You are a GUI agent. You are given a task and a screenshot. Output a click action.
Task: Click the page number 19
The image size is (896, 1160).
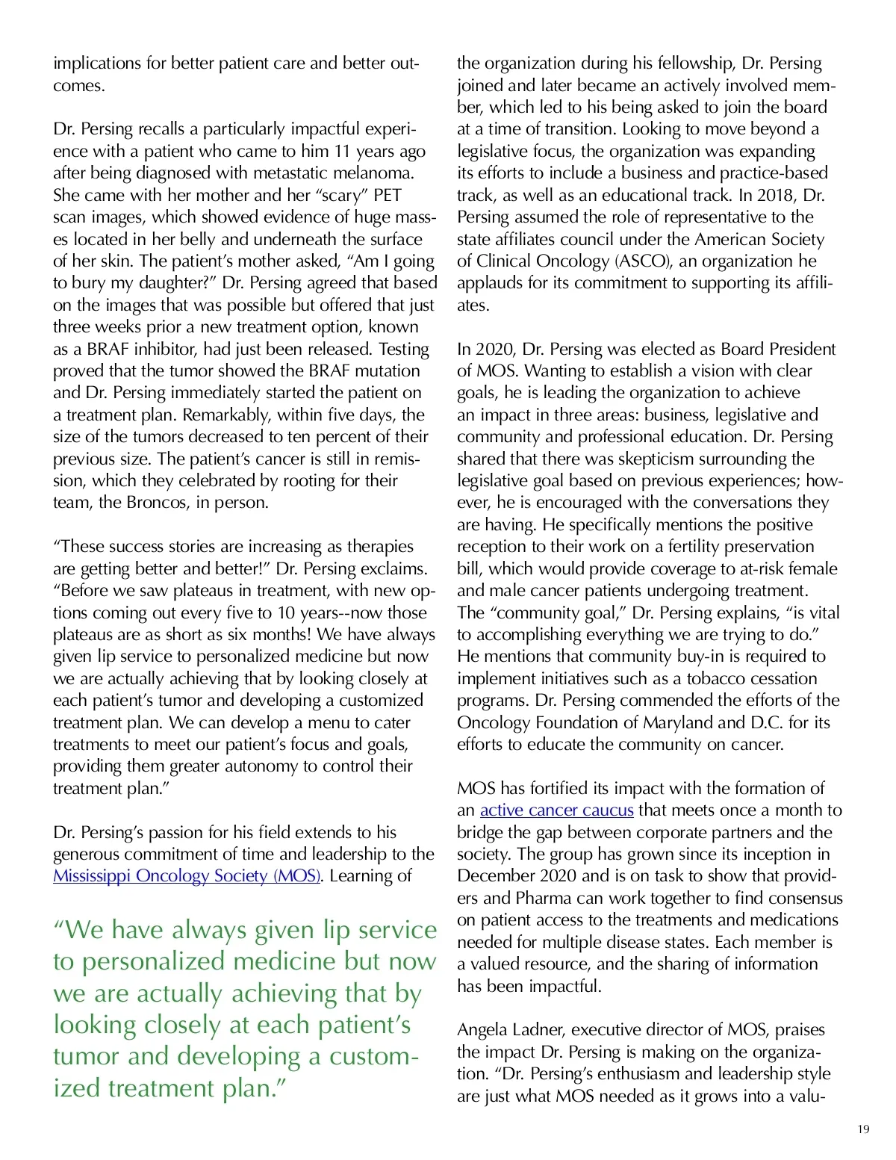point(863,1129)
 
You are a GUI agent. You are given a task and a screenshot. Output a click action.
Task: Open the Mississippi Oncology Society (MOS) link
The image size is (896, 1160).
point(187,875)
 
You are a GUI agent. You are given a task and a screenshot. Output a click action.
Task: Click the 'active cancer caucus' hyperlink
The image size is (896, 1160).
point(556,810)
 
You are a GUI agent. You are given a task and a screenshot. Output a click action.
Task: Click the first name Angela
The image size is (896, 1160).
point(482,1029)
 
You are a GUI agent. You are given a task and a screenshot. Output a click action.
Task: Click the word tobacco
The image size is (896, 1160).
point(718,678)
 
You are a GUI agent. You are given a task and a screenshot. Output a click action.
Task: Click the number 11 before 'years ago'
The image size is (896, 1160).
point(342,151)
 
